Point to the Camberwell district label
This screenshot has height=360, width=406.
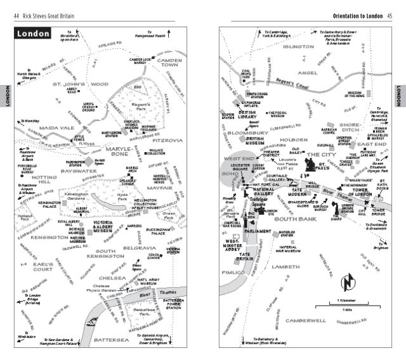(x=306, y=321)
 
